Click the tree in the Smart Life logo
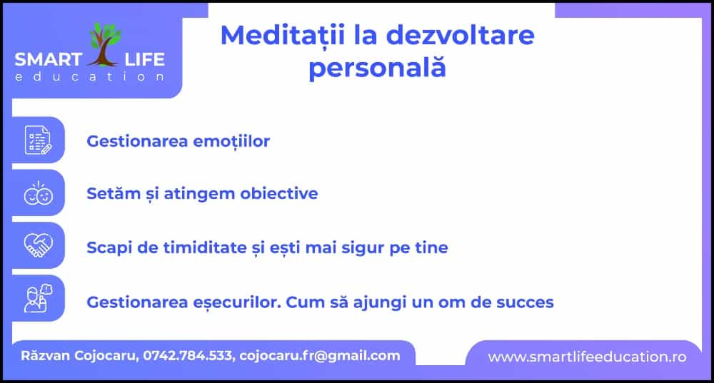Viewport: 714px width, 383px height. point(105,45)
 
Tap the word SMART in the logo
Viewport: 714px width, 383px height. point(49,60)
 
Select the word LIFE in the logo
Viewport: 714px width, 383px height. point(145,60)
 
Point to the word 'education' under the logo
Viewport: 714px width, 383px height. point(90,76)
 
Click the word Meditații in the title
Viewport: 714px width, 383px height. point(283,35)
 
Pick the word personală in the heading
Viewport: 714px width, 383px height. point(377,68)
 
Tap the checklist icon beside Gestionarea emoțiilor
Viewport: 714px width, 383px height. point(39,140)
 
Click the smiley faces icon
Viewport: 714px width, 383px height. point(39,193)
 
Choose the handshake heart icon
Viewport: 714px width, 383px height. point(39,245)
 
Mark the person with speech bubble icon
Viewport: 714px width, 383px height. point(39,298)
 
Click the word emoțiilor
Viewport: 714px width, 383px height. point(231,141)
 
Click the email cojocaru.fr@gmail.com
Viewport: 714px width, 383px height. point(320,356)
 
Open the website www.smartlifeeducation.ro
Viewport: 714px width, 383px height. point(587,357)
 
